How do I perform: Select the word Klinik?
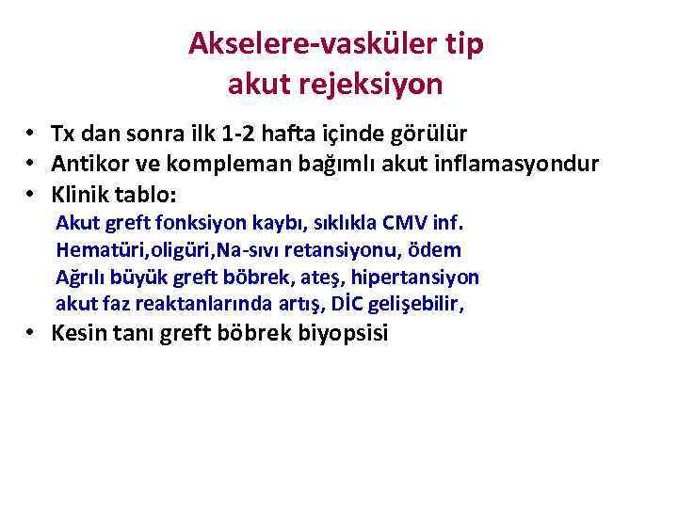(x=80, y=195)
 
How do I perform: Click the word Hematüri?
(x=94, y=250)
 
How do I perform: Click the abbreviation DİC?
(x=342, y=304)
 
